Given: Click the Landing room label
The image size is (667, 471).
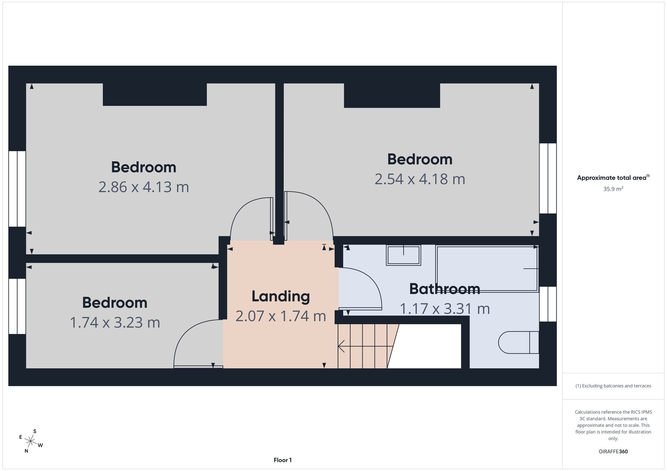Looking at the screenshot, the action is coord(280,296).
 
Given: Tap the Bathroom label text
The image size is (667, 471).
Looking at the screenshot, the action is coord(445,289).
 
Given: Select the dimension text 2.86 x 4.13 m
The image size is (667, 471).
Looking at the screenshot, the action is coord(144,187).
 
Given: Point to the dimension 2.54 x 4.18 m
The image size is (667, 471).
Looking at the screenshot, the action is coord(420,179).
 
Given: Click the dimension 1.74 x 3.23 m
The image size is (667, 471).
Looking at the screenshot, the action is coord(115,322).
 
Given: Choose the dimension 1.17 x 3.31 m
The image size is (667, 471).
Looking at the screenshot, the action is coord(445,308).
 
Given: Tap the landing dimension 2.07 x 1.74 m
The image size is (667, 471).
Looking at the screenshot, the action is coord(280,316).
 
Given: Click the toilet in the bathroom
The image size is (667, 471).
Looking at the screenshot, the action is coord(519,342).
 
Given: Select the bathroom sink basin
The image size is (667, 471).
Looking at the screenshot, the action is coord(404,255).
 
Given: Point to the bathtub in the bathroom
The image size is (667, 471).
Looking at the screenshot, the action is coord(487,269).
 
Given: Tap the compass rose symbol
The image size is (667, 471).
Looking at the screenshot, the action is coord(31,442).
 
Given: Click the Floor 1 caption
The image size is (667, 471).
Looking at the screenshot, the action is coord(282,460).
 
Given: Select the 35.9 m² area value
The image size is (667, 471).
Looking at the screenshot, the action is coord(613,189).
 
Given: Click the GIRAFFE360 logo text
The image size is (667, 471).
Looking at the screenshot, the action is coord(613,452).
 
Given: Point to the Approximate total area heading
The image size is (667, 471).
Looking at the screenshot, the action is coord(613,178).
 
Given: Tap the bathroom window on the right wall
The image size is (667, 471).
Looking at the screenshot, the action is coord(548,304).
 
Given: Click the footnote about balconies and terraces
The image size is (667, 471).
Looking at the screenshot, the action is coord(613,386).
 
